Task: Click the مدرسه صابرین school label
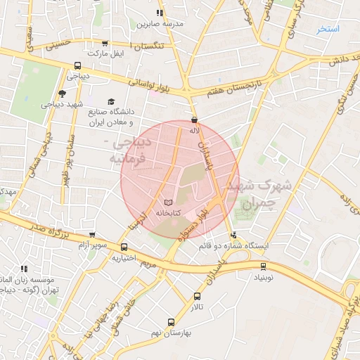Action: coord(163,24)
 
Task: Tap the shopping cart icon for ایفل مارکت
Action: coord(105,43)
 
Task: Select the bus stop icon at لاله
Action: coord(194,120)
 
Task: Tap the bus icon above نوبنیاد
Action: coord(264,266)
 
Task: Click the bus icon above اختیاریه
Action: coord(124,247)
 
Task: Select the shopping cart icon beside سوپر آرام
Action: coord(91,235)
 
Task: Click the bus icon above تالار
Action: coord(197,296)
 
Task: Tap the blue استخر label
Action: coord(328,29)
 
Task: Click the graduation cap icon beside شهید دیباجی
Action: coord(62,94)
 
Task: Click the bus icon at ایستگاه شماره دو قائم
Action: coord(234,235)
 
